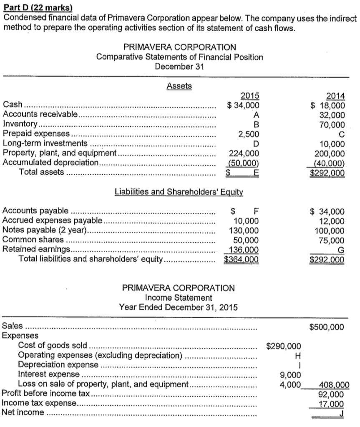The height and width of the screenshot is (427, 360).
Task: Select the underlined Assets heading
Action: tap(179, 86)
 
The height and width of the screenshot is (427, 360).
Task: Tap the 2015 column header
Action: tap(250, 96)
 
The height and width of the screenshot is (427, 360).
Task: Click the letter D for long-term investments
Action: tap(257, 144)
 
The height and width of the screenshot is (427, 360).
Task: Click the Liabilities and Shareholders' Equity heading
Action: tap(179, 192)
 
